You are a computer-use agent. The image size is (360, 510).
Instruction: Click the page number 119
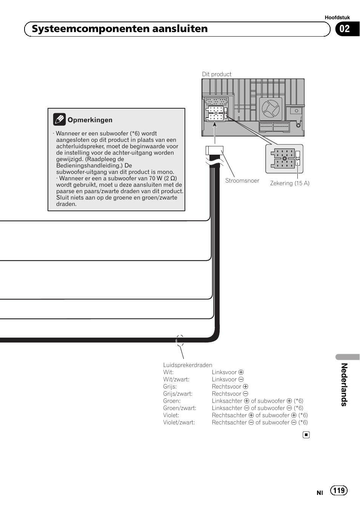tap(339, 490)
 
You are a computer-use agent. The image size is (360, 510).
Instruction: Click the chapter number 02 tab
tap(345, 29)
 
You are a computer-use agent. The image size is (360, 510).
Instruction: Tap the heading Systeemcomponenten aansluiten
tap(120, 29)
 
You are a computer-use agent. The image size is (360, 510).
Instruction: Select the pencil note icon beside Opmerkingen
tap(59, 120)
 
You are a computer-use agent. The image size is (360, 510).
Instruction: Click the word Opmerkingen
tap(90, 120)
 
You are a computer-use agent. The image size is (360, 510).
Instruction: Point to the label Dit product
tap(217, 74)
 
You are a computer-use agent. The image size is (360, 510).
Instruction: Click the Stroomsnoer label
tap(242, 181)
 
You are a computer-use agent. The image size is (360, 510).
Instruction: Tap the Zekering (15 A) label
tap(289, 183)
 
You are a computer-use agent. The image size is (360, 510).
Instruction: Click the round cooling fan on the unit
tap(271, 109)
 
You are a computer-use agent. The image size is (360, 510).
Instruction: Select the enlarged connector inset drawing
tap(284, 158)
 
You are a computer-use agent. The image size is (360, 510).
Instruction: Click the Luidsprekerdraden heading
tap(188, 365)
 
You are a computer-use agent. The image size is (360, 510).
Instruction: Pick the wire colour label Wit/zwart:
tap(176, 379)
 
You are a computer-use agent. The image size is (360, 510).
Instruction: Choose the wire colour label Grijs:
tap(170, 387)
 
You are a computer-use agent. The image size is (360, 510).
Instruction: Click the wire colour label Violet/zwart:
tap(179, 422)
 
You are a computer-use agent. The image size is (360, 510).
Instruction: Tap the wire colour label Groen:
tap(172, 401)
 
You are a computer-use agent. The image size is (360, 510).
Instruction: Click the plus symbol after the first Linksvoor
tap(241, 372)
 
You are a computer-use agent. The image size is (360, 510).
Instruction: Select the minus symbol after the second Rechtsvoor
tap(246, 394)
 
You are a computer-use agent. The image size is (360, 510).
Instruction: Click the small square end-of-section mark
tap(306, 435)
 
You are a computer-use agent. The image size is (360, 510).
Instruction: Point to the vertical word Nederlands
tap(344, 384)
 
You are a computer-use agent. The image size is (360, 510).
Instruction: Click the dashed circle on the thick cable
tap(180, 341)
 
